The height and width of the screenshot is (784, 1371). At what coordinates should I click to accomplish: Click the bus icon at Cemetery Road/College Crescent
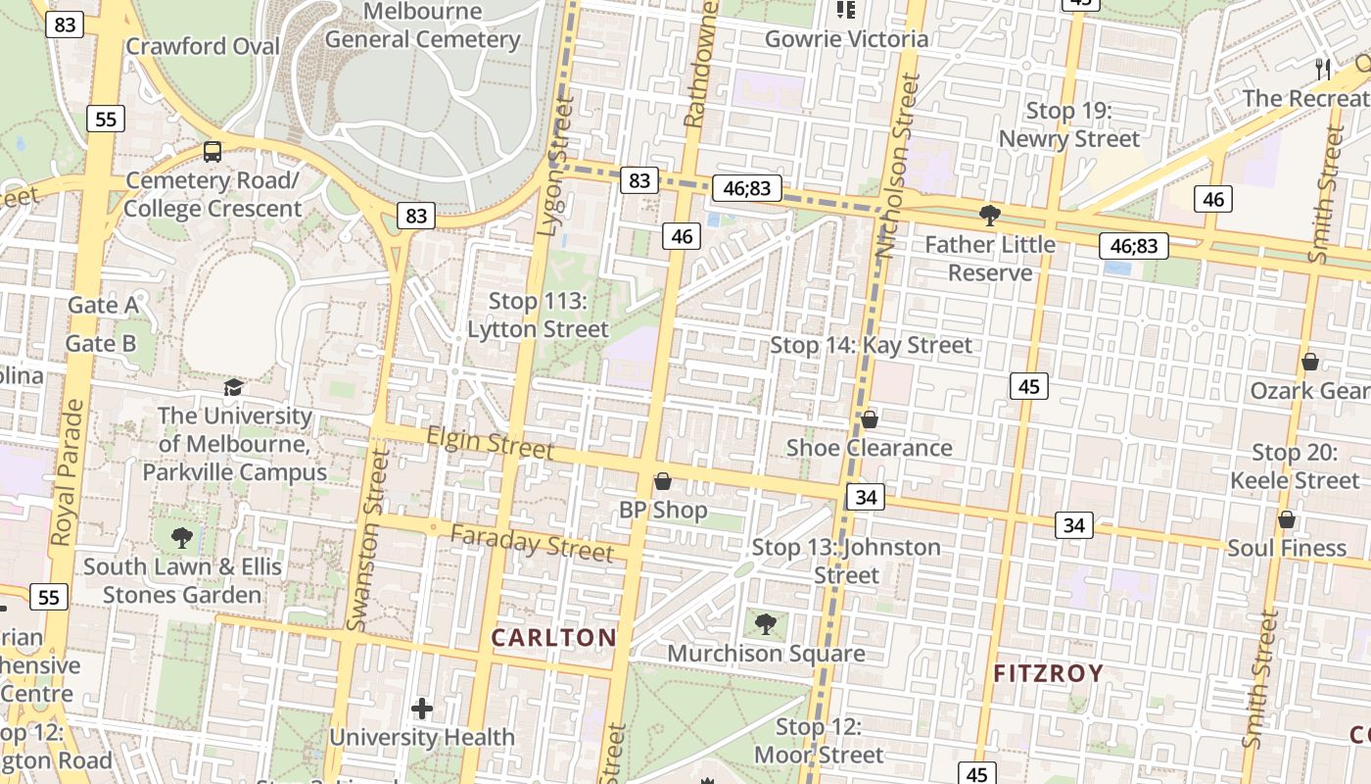213,152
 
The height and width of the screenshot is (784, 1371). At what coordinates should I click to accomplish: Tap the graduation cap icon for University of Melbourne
233,387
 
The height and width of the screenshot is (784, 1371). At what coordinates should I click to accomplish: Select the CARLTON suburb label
553,638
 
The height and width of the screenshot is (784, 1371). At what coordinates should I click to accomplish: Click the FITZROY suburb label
1049,674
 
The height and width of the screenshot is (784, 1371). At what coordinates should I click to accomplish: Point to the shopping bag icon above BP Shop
662,481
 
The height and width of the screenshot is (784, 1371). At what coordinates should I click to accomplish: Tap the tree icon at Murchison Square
766,623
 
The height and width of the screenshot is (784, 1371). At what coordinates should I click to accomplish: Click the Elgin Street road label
491,443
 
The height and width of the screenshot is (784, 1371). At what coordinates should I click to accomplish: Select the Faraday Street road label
532,542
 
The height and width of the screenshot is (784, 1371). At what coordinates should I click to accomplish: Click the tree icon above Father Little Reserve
990,215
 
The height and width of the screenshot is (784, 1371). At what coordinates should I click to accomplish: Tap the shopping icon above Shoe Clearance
870,419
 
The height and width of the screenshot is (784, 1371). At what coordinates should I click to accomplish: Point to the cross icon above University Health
422,708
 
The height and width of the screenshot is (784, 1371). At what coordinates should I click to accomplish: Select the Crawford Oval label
203,46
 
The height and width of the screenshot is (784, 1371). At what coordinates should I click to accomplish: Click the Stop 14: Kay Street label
871,345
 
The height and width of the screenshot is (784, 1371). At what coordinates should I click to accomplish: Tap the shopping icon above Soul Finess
1287,519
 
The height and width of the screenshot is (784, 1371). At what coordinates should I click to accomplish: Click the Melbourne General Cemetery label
422,26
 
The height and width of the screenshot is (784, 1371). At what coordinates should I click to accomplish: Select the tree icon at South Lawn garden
181,537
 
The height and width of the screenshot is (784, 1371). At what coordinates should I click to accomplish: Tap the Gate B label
101,344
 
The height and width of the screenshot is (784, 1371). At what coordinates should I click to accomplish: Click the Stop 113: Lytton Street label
538,316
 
